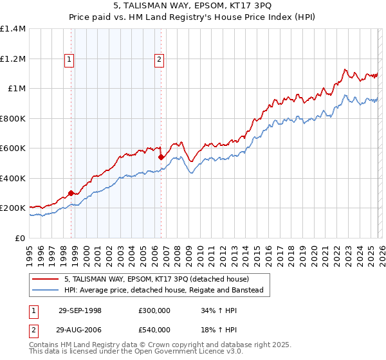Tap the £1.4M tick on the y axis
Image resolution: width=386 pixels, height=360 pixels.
(14, 29)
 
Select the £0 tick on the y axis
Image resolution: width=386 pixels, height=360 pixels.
(21, 238)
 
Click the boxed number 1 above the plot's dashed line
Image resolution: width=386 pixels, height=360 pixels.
(69, 60)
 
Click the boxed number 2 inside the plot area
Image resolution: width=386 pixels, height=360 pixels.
(159, 60)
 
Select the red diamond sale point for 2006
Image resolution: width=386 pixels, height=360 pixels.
(161, 157)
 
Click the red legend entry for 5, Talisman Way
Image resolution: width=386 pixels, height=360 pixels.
(161, 279)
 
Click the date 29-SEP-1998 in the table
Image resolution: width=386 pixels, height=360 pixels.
(80, 310)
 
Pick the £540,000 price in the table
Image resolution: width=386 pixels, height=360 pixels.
(154, 330)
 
